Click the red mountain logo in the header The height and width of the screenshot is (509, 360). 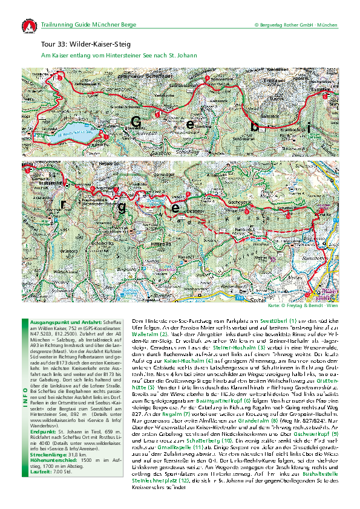[28, 26]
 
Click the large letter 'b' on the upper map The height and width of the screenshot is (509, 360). [255, 127]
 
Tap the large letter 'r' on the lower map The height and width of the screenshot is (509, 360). [63, 204]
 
